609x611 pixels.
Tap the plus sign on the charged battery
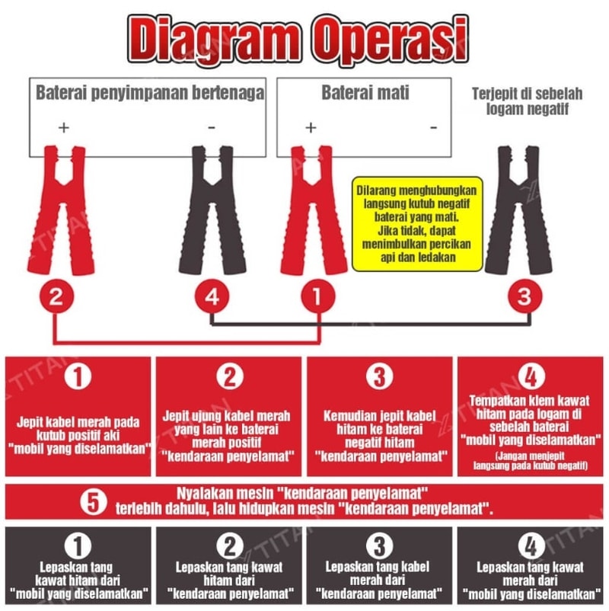(63, 127)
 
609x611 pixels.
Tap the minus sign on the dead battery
(433, 127)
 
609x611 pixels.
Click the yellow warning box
(417, 224)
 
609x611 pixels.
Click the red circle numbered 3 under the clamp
(525, 296)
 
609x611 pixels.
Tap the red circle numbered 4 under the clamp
(212, 296)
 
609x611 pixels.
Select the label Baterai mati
(365, 93)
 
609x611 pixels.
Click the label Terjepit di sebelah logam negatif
(528, 101)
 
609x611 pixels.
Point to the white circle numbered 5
(94, 502)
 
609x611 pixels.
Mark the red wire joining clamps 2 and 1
(187, 343)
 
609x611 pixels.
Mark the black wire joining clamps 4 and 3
(370, 324)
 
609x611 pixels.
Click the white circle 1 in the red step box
(78, 376)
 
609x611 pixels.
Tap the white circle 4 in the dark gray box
(531, 546)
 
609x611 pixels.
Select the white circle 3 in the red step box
(379, 376)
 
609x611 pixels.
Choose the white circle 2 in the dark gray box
(229, 546)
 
